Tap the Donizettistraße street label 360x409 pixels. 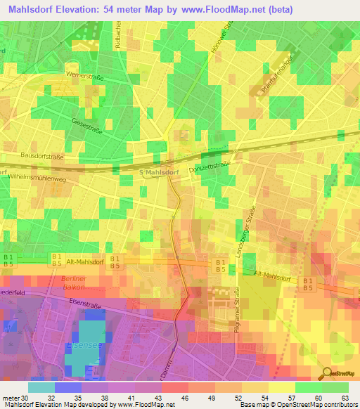pos(212,163)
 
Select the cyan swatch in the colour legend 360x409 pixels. pos(41,387)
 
